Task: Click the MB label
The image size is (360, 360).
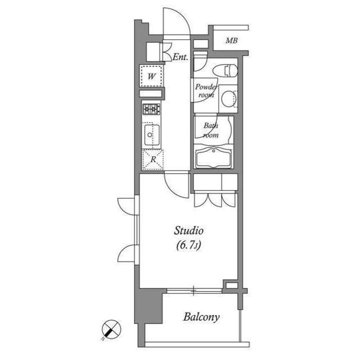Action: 231,40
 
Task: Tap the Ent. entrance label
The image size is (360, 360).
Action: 180,56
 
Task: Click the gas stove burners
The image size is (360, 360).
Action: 151,110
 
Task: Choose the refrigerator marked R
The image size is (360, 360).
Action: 152,159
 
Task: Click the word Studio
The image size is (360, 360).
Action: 188,230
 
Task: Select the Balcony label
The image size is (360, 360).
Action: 201,317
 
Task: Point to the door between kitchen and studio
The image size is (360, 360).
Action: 175,184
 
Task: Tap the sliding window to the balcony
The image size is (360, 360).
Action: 194,291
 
